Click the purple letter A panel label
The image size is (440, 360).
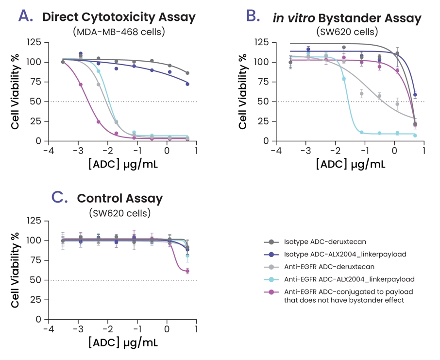[x=26, y=16]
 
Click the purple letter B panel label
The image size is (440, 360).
[x=254, y=16]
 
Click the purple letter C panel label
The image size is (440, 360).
[x=59, y=197]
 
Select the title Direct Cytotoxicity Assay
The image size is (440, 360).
[x=119, y=17]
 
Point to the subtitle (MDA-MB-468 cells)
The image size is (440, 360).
[x=119, y=33]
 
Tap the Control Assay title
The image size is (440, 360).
[x=120, y=198]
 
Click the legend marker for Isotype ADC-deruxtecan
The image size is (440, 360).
[x=271, y=242]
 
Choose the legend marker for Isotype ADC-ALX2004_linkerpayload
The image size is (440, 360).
[x=271, y=255]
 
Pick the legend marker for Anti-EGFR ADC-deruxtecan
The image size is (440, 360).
[x=271, y=267]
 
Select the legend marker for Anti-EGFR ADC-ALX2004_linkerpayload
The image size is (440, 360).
[x=271, y=279]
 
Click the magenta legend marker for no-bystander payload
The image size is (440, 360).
[x=271, y=292]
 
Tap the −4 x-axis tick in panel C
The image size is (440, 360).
[x=48, y=329]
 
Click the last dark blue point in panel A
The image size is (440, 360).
[x=187, y=84]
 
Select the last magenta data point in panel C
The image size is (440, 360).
[x=187, y=271]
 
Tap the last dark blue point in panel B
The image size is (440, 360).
[x=415, y=95]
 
